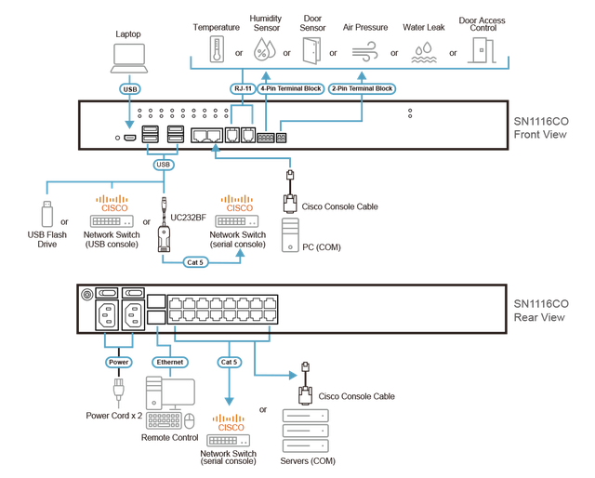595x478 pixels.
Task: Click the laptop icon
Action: tap(129, 58)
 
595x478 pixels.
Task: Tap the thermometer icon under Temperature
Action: tap(217, 49)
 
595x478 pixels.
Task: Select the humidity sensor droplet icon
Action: tap(264, 49)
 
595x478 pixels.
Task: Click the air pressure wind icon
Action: tap(364, 51)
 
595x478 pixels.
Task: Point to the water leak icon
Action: tap(424, 52)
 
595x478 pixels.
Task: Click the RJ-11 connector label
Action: tap(243, 89)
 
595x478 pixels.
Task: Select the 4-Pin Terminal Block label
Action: tap(291, 89)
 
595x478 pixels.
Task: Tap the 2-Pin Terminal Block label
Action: tap(362, 89)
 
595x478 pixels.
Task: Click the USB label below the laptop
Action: tap(130, 89)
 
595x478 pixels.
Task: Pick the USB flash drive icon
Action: tap(47, 214)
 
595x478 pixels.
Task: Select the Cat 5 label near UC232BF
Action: tap(195, 262)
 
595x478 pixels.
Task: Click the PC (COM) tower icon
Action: tap(290, 235)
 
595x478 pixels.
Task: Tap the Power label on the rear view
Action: tap(119, 362)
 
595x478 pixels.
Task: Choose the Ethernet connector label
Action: tap(170, 362)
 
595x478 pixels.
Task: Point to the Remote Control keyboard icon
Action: tap(165, 420)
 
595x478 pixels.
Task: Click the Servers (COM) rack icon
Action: tap(306, 431)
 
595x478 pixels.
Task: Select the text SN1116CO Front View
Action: tap(541, 128)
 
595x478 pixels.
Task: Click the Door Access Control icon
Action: tap(482, 50)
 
